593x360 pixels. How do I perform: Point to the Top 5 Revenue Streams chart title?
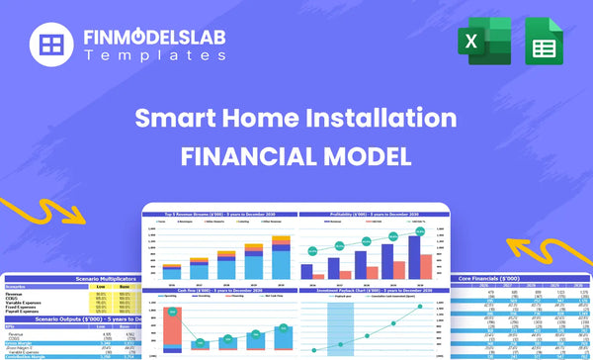click(218, 214)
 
